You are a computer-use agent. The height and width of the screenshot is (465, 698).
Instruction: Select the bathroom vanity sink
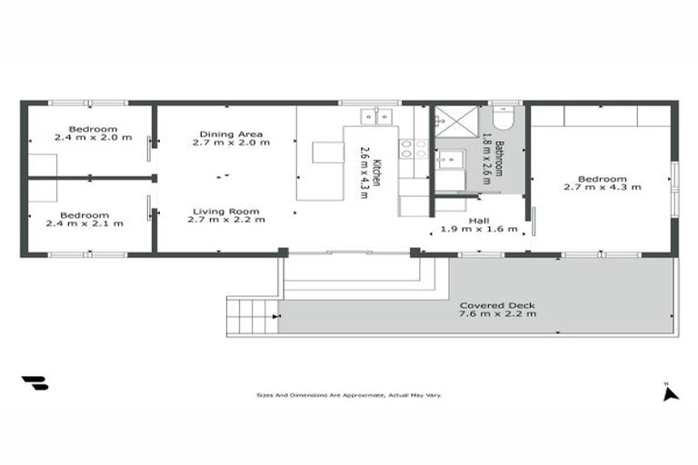coord(449,159)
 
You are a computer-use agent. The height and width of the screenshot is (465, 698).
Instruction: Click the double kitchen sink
coord(375,116)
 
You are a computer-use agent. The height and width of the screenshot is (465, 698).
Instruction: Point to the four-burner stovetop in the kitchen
coord(414,149)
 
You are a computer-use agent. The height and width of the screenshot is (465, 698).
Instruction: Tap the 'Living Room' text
coord(225,211)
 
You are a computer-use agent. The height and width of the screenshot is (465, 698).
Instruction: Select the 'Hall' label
coord(479,221)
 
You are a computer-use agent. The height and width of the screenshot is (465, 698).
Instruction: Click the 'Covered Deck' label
coord(496,305)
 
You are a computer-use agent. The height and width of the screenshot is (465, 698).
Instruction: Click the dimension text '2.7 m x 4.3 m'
coord(602,187)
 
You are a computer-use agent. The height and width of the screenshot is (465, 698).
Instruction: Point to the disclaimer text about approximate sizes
coord(348,395)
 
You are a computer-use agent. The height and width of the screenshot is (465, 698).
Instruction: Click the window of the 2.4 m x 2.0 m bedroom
coord(88,103)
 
